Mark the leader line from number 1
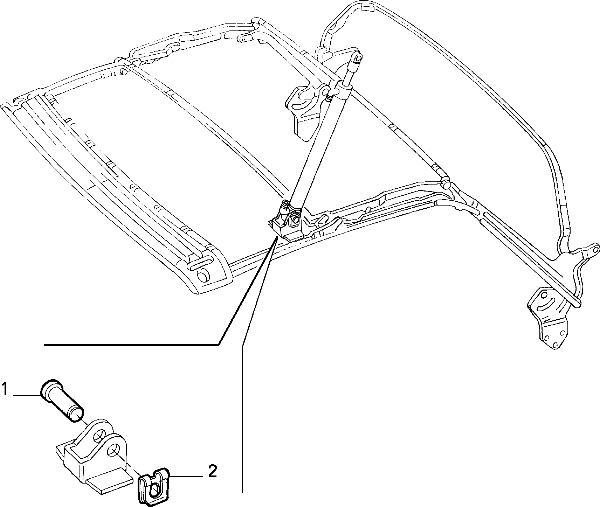coord(27,395)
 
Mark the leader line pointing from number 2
coord(186,477)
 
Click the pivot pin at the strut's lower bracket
coord(295,220)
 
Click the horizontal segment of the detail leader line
coord(131,345)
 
